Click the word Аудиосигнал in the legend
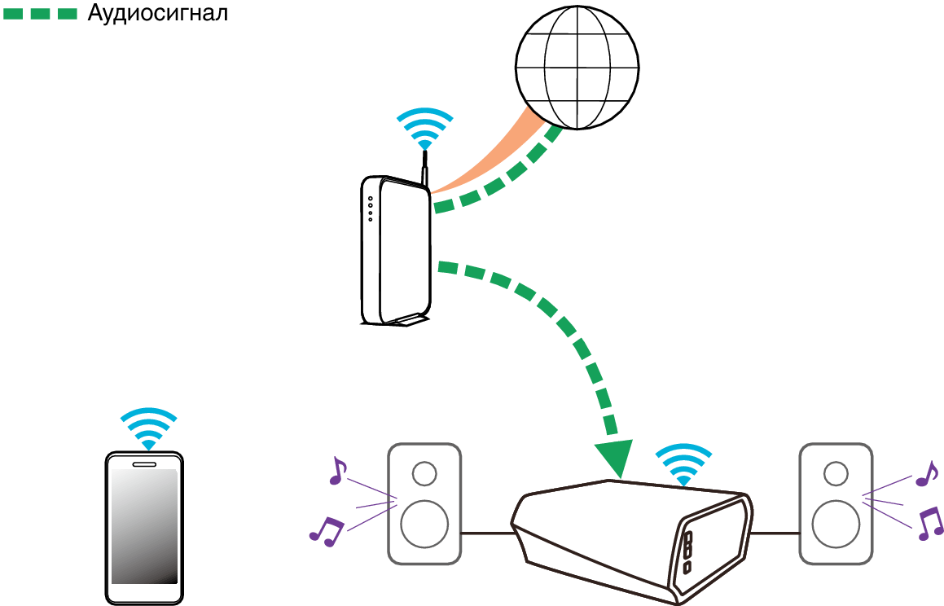pos(157,13)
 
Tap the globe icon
pos(577,68)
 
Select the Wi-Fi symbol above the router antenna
pos(424,127)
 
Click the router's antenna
pos(424,167)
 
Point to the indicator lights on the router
pos(370,209)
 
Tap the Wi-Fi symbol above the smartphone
pos(148,427)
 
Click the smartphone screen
pos(144,526)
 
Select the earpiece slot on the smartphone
pos(144,464)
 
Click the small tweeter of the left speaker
pos(424,473)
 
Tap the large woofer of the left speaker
pos(424,523)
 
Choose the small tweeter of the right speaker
pos(835,473)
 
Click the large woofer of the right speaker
pos(835,523)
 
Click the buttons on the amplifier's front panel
pos(687,552)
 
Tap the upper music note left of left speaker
pos(336,471)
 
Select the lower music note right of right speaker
pos(929,523)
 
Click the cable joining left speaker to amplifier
pos(487,534)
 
